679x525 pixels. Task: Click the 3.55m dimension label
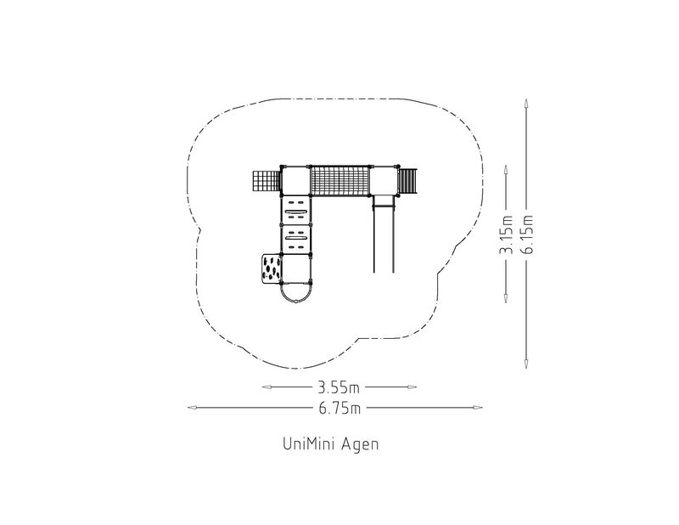[x=339, y=387]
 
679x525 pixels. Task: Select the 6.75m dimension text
[x=340, y=408]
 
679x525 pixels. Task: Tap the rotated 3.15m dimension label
[x=506, y=234]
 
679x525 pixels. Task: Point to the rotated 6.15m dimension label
[x=527, y=234]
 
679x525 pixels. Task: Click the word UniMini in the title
[x=308, y=444]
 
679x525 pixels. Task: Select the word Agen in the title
[x=360, y=445]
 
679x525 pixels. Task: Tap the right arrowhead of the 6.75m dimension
[x=477, y=408]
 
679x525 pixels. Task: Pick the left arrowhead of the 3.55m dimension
[x=267, y=387]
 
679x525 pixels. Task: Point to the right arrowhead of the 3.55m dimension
[x=412, y=387]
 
